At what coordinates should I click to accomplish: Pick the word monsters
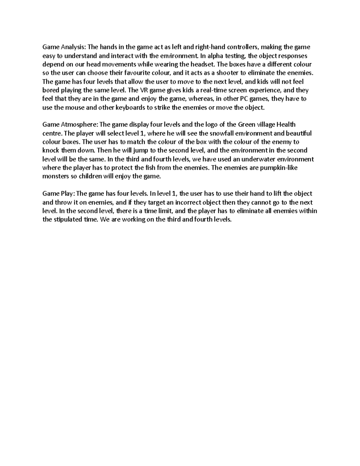click(55, 176)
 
